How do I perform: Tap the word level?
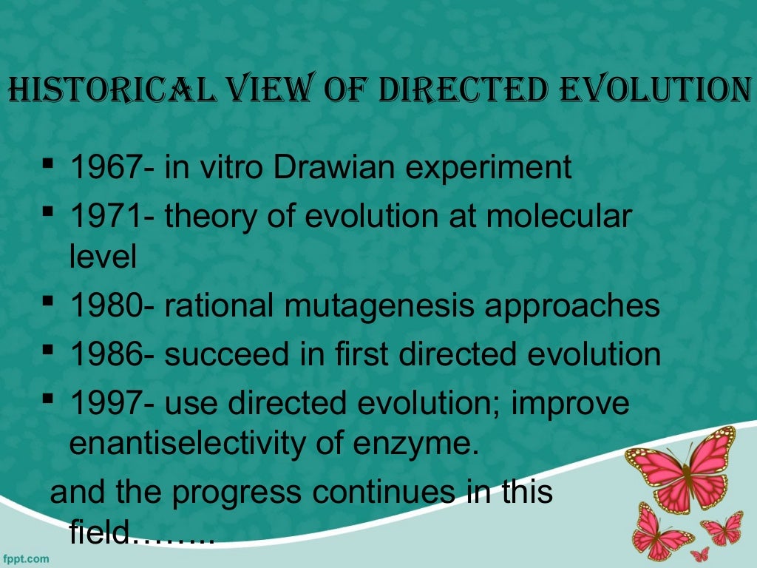tap(103, 257)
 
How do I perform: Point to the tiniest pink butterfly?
tap(699, 553)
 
